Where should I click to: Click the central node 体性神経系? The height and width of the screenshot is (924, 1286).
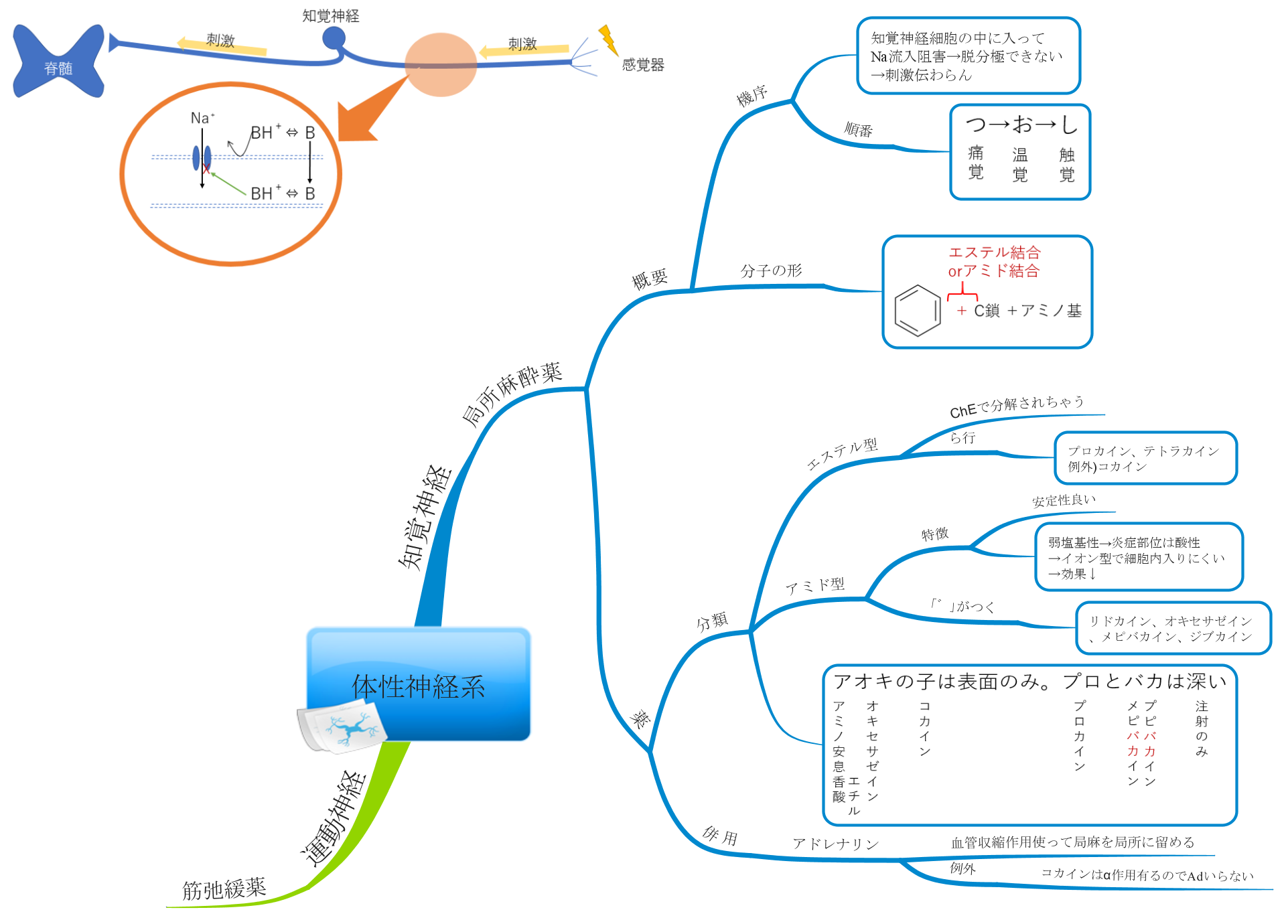tap(418, 685)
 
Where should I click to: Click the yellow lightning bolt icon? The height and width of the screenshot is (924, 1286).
tap(608, 40)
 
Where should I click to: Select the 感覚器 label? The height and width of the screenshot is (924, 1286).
tap(642, 65)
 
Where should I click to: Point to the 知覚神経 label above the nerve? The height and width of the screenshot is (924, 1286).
tap(330, 15)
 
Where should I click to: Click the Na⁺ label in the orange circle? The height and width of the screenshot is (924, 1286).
tap(202, 119)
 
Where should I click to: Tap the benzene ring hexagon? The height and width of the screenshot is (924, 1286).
tap(917, 310)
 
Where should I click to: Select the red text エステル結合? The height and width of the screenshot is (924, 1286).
tap(994, 252)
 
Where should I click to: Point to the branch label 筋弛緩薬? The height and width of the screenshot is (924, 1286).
tap(224, 889)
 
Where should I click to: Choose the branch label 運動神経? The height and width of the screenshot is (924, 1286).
tap(333, 818)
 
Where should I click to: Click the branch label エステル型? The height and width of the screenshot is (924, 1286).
tap(842, 454)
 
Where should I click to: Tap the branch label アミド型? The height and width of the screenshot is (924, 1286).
tap(814, 586)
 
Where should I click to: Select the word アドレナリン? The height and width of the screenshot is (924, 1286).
tap(835, 844)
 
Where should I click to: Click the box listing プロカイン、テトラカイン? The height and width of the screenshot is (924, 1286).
tap(1145, 458)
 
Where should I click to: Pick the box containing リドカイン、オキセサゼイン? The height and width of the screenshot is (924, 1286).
tap(1173, 628)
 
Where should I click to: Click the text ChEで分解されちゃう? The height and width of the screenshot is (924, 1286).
tap(1016, 406)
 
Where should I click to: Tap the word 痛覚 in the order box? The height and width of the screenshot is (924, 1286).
tap(976, 163)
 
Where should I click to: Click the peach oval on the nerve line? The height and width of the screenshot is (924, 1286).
tap(441, 64)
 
